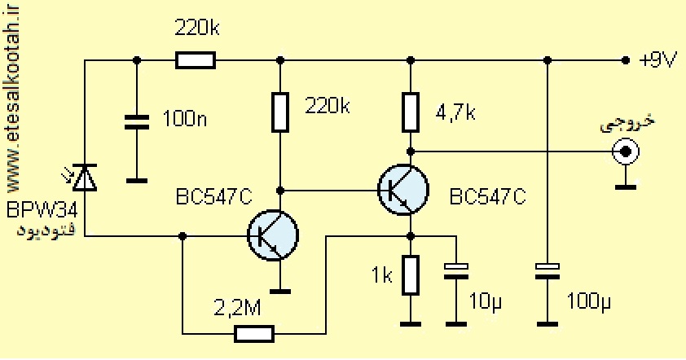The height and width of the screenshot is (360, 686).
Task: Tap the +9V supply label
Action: pyautogui.click(x=658, y=60)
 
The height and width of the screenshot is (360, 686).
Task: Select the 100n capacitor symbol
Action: pyautogui.click(x=137, y=122)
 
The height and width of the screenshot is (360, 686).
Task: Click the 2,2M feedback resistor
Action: pyautogui.click(x=254, y=334)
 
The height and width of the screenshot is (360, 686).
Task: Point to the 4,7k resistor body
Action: pyautogui.click(x=411, y=112)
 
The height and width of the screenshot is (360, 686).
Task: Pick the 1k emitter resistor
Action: pyautogui.click(x=411, y=275)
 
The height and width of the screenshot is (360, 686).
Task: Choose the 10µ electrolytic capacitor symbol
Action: pyautogui.click(x=456, y=271)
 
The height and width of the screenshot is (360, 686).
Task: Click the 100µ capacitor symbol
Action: pyautogui.click(x=547, y=271)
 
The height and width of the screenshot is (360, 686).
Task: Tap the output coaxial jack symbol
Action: pyautogui.click(x=626, y=151)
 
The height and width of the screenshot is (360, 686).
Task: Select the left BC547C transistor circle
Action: pyautogui.click(x=273, y=235)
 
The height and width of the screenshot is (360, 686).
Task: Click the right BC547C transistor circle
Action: pyautogui.click(x=403, y=190)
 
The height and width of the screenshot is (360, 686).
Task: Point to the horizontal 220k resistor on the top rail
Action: pyautogui.click(x=196, y=60)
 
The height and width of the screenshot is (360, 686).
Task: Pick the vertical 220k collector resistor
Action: pyautogui.click(x=280, y=112)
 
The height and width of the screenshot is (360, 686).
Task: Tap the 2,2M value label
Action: pyautogui.click(x=238, y=308)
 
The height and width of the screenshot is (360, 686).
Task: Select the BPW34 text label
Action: pyautogui.click(x=42, y=210)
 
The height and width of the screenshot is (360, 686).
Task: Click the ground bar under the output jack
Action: pyautogui.click(x=626, y=187)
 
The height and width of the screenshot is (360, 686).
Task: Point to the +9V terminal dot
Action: pyautogui.click(x=626, y=60)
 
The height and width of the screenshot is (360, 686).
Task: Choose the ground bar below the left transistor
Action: pyautogui.click(x=280, y=291)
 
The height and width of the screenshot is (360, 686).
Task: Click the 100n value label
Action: pyautogui.click(x=185, y=119)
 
